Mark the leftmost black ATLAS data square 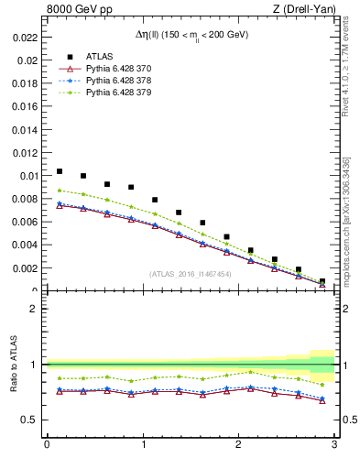pyautogui.click(x=60, y=171)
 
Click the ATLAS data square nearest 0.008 pyautogui.click(x=155, y=200)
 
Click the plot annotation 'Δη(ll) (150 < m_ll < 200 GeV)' pyautogui.click(x=190, y=36)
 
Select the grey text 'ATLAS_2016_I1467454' pyautogui.click(x=191, y=273)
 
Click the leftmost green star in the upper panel pyautogui.click(x=60, y=191)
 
